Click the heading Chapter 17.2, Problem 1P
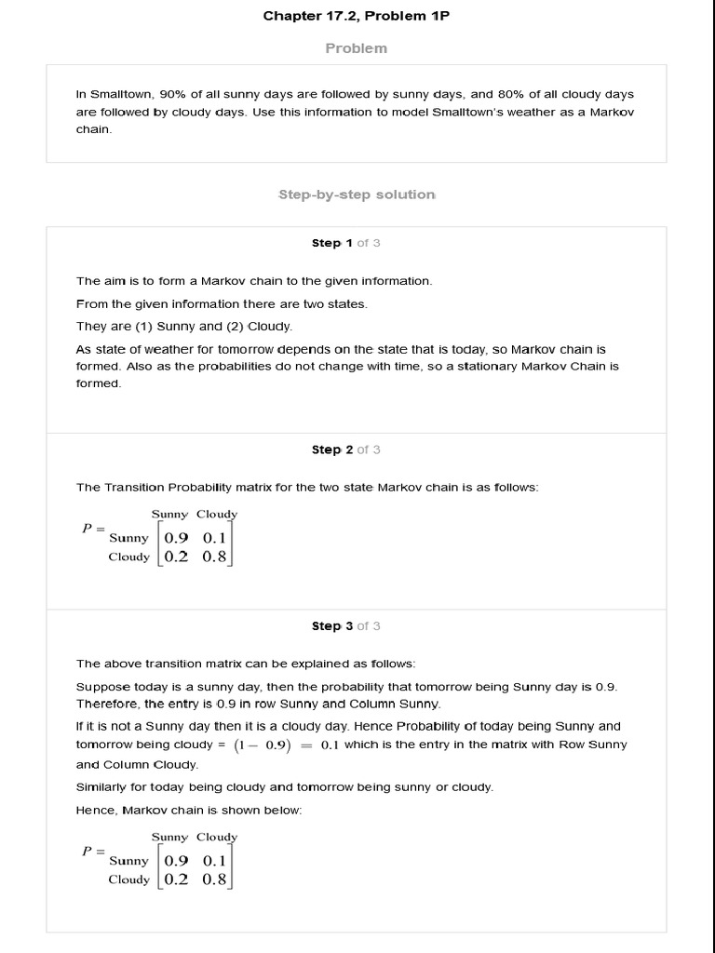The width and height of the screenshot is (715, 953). [356, 16]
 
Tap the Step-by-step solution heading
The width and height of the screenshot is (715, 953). [356, 195]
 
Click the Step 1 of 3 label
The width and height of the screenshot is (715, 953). [345, 243]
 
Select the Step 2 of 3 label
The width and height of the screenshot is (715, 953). [345, 450]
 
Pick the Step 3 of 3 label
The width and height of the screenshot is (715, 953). [345, 626]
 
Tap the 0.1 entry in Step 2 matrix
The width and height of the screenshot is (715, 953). [214, 538]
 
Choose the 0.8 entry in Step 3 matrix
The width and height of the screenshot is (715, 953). [214, 879]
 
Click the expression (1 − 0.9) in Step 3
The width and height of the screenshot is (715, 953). [263, 745]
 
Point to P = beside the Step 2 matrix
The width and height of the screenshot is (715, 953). [93, 529]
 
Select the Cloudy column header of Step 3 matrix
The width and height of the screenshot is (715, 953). [217, 837]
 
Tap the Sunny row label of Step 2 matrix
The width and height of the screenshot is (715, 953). [128, 538]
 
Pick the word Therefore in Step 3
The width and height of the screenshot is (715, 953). [106, 704]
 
